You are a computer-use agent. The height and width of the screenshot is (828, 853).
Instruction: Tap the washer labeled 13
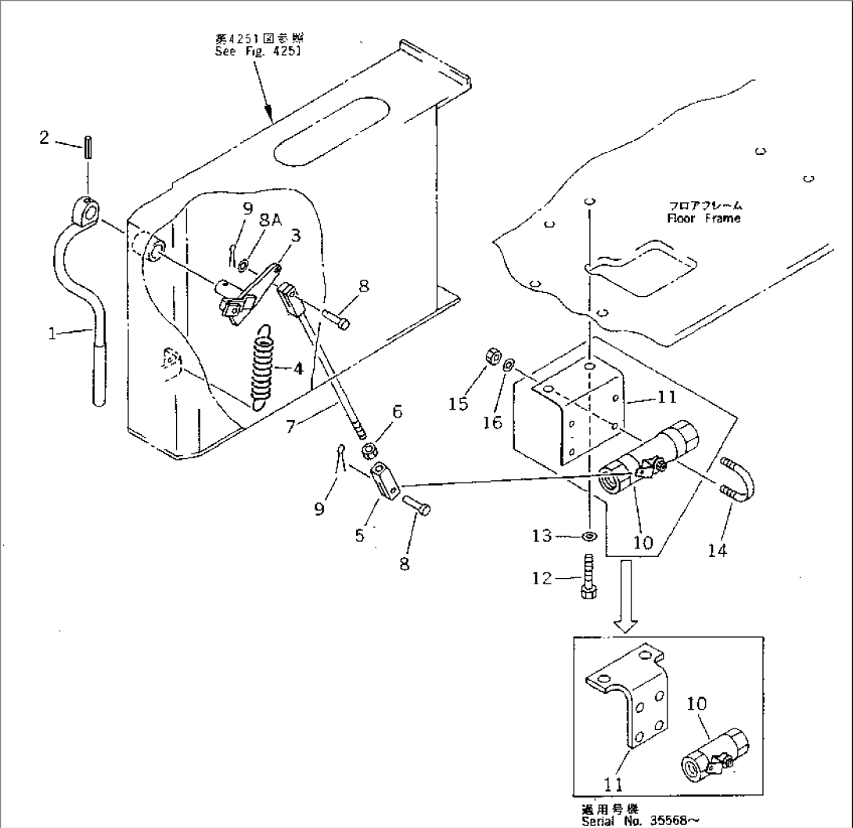click(588, 537)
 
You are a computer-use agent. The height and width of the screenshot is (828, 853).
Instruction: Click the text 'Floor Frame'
click(703, 219)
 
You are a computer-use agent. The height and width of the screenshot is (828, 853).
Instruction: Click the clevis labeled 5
click(384, 479)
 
